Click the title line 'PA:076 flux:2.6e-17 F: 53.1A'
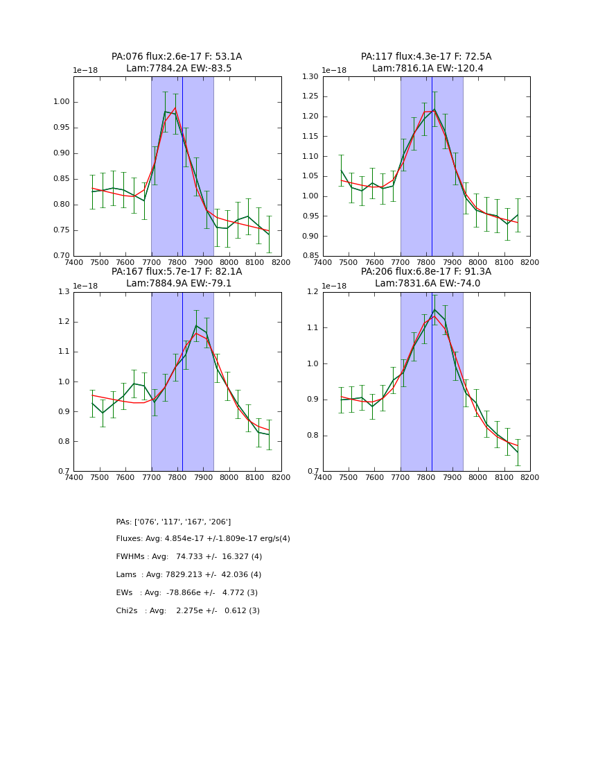tap(177, 57)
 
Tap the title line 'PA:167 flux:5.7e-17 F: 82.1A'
tap(177, 272)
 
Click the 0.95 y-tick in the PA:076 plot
tap(62, 128)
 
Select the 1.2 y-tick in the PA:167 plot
tap(64, 322)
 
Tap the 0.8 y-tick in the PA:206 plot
tap(314, 436)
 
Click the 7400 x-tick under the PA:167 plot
tap(73, 477)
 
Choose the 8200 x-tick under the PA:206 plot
tap(530, 477)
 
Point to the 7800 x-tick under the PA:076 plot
tap(177, 262)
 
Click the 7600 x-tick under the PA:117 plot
tap(375, 262)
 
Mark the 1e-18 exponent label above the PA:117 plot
tap(335, 71)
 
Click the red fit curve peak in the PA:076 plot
tap(175, 108)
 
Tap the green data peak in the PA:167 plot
tap(196, 325)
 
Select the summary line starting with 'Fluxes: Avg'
tap(203, 539)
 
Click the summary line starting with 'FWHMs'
tap(189, 557)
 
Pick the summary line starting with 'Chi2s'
tap(188, 611)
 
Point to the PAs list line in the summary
tap(173, 522)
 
